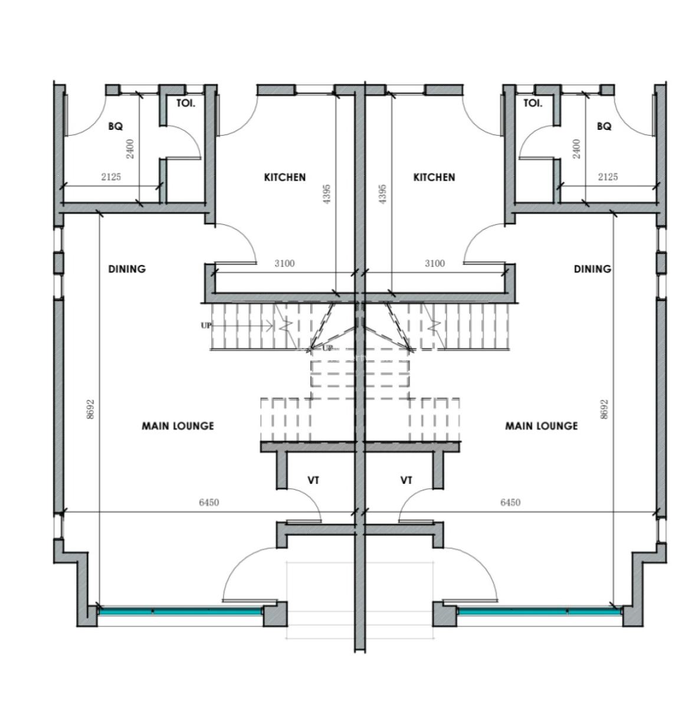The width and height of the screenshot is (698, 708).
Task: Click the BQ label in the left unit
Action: (115, 126)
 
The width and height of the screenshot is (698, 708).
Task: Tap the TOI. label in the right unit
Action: (532, 103)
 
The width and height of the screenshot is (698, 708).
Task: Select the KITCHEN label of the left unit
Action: (284, 177)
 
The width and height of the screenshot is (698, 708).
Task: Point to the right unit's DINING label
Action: (592, 269)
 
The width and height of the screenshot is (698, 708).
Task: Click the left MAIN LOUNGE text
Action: (178, 426)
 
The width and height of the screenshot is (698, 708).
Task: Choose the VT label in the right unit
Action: (406, 481)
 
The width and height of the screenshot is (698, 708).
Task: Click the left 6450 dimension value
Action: (209, 503)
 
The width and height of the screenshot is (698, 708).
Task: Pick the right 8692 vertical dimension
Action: (604, 409)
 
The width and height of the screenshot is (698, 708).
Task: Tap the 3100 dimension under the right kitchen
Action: (434, 264)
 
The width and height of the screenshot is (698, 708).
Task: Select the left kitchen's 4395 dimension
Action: (327, 194)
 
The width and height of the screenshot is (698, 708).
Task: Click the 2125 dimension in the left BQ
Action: (111, 177)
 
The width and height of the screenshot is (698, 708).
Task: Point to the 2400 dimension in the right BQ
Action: (576, 149)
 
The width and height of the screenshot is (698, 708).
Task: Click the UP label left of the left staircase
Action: (206, 325)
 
